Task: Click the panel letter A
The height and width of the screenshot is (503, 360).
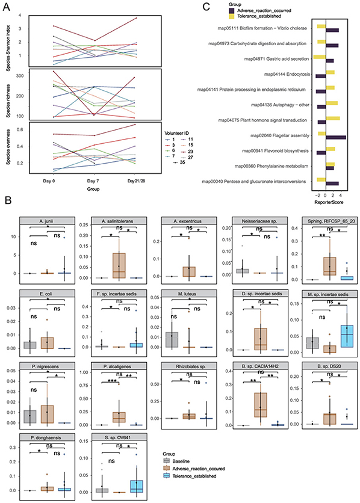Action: pos(6,6)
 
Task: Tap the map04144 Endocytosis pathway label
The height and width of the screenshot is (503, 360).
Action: pos(279,75)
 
